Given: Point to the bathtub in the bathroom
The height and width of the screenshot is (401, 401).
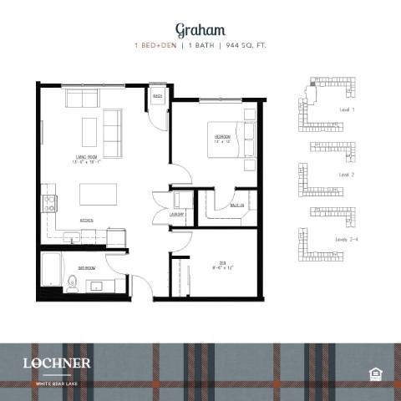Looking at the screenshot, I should [53, 269].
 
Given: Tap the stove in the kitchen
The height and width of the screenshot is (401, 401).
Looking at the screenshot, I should [48, 201].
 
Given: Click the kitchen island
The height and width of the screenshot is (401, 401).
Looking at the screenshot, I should [97, 194].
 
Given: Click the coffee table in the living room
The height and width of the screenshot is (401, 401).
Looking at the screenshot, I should [89, 131].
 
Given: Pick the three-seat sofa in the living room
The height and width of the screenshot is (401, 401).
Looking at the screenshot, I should [112, 128].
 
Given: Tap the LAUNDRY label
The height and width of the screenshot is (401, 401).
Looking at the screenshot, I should [176, 214].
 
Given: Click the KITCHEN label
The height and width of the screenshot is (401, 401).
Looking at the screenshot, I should [86, 220].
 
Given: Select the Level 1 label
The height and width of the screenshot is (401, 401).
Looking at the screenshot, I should [347, 109].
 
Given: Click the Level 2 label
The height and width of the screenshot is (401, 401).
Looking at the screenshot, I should [347, 175].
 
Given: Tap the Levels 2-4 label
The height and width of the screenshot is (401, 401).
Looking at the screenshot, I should [348, 239].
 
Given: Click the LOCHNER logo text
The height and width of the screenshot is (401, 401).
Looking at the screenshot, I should [58, 363].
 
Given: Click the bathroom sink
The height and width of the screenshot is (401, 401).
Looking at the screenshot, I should [99, 286].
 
